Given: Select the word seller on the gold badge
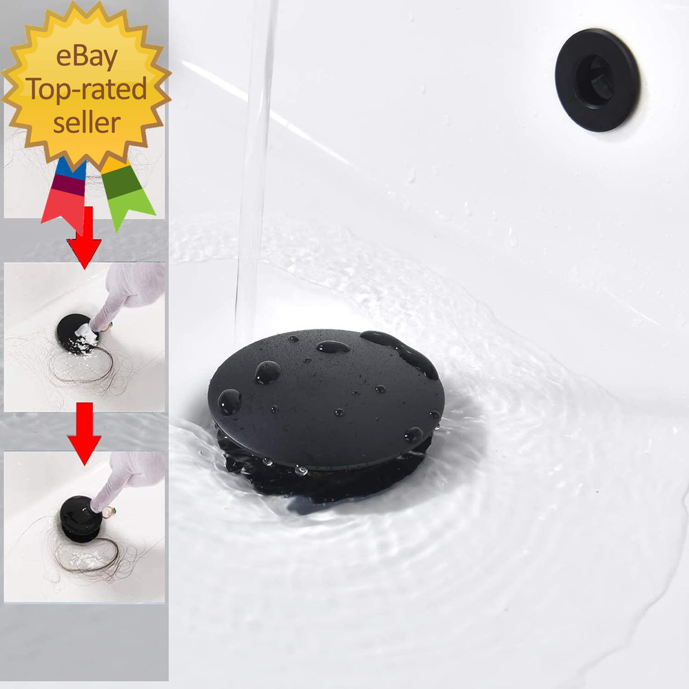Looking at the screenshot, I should [x=86, y=123].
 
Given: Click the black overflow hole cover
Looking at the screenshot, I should [x=597, y=79].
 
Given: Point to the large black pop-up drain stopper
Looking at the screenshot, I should [x=324, y=400].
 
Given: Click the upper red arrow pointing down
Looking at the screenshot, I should [x=84, y=238].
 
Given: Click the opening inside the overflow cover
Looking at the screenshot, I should [x=594, y=80].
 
